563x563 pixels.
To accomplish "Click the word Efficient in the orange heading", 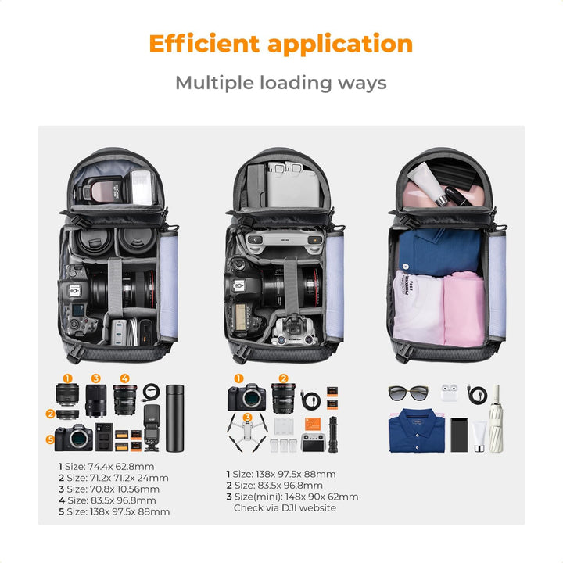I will [204, 43].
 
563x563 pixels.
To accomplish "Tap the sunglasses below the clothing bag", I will [407, 393].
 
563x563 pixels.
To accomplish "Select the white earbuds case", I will [448, 393].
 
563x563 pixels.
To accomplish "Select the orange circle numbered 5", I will [50, 440].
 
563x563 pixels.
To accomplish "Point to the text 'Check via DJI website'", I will [285, 508].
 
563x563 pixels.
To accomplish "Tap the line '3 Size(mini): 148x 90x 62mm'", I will [292, 497].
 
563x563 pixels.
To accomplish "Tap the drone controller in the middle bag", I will [284, 240].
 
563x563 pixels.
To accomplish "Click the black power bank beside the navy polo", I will [460, 434].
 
